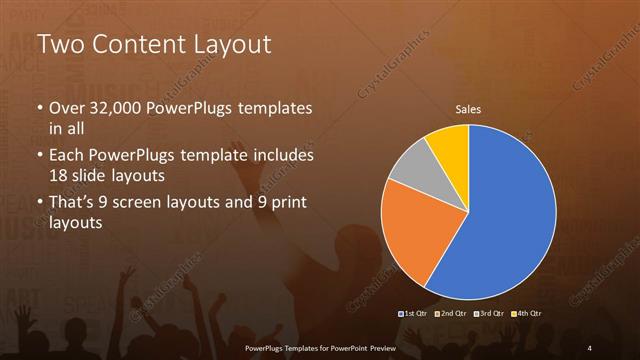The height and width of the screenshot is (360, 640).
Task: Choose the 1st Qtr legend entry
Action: (415, 314)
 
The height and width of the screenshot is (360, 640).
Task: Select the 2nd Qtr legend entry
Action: (452, 314)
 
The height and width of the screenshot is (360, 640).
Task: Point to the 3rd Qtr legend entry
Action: (489, 314)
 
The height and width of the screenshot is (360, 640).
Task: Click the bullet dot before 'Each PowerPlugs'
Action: (39, 157)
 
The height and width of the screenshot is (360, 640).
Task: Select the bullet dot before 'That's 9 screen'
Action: (39, 204)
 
